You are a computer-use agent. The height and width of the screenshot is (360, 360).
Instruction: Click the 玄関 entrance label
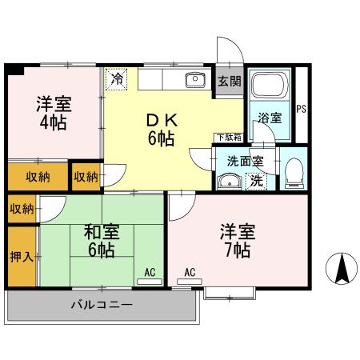[228, 81]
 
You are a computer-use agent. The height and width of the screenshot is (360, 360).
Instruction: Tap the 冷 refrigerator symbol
[118, 78]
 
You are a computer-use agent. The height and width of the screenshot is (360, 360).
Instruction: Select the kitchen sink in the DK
[194, 79]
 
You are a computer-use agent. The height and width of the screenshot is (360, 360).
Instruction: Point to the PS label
[302, 109]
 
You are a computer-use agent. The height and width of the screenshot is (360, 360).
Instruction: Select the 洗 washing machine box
[256, 180]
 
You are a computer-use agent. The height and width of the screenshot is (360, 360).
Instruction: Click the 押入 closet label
[21, 258]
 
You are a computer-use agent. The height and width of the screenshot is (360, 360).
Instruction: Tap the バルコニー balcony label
[101, 304]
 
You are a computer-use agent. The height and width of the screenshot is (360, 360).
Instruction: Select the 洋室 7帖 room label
[238, 241]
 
